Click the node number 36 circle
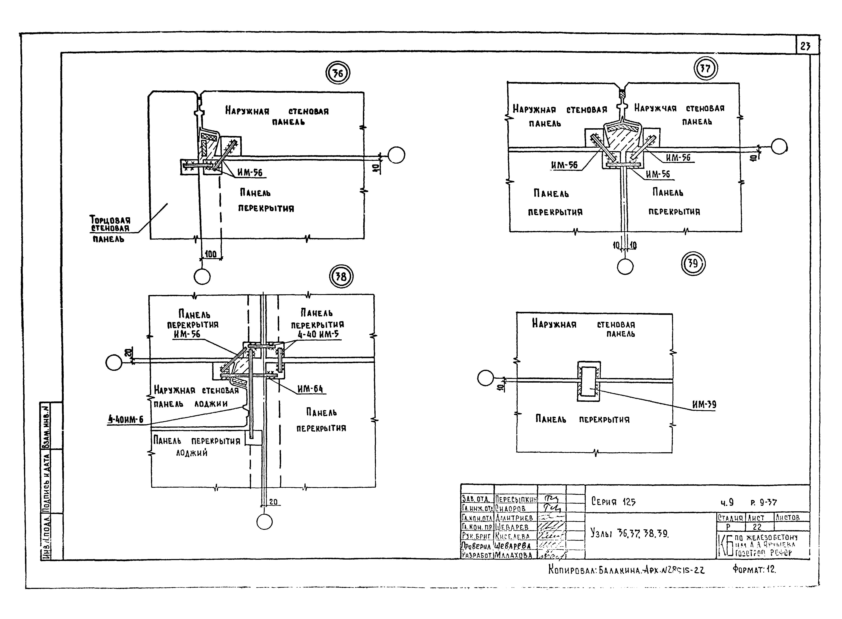click(x=337, y=74)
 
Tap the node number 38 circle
click(x=341, y=277)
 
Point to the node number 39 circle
click(x=693, y=263)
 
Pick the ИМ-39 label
click(x=704, y=405)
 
